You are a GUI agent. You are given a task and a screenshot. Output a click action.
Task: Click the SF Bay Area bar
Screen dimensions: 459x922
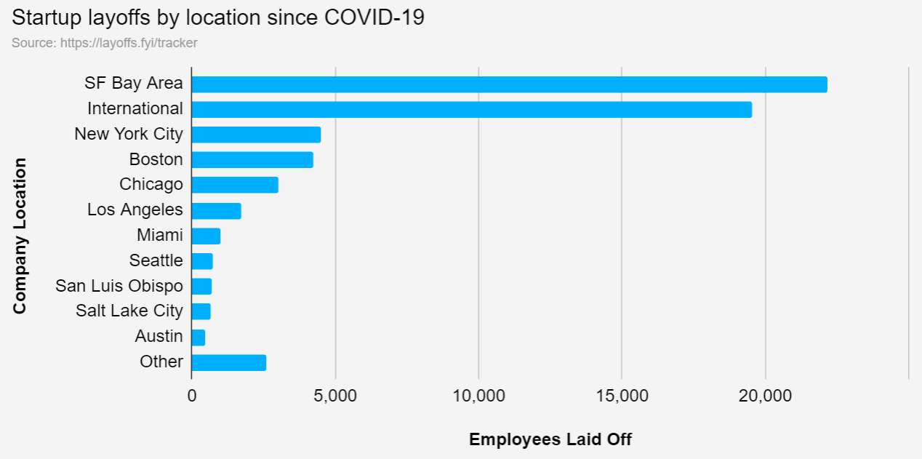pos(509,84)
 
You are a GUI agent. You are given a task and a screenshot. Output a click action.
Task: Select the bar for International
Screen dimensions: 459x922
pos(471,110)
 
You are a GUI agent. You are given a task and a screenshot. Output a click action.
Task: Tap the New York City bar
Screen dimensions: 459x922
pos(256,135)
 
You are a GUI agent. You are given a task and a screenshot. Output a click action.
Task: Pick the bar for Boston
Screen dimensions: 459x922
pos(252,160)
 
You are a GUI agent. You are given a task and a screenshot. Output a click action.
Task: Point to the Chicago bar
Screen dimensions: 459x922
pos(235,185)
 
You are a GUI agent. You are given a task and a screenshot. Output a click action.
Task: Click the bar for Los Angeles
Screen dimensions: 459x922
pos(216,211)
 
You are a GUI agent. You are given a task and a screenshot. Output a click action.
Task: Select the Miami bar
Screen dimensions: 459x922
pos(206,236)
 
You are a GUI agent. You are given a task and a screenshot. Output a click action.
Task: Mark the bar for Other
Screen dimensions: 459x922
pos(228,362)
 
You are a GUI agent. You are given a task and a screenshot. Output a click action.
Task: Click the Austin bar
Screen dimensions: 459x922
pos(199,338)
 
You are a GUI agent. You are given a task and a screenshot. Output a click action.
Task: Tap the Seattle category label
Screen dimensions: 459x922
pos(156,260)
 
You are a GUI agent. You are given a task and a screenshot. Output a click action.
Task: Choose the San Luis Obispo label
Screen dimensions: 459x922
pos(119,286)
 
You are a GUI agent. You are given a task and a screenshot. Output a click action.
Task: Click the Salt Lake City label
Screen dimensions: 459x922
pos(129,311)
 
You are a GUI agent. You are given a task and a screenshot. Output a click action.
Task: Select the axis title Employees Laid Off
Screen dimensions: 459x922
pos(550,439)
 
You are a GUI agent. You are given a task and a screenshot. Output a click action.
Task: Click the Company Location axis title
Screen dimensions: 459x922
pos(20,236)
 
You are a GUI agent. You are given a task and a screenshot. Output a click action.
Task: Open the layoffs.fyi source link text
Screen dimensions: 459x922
pos(105,43)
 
